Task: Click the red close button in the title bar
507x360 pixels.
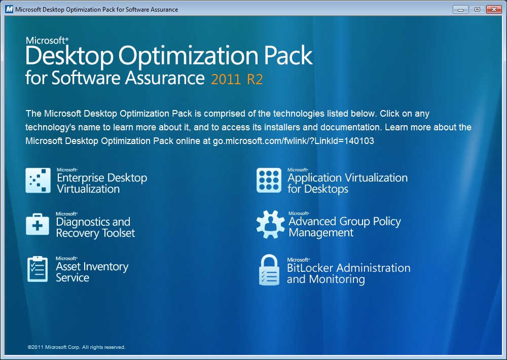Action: click(x=494, y=9)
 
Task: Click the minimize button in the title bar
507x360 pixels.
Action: click(x=460, y=9)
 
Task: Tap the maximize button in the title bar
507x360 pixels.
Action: click(x=477, y=9)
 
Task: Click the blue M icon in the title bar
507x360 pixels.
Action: click(x=9, y=9)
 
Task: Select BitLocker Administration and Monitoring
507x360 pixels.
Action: click(x=349, y=271)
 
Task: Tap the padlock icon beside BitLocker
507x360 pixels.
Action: click(x=269, y=270)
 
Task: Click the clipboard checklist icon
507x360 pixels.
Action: click(x=38, y=269)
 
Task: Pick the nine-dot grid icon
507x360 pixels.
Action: click(x=269, y=180)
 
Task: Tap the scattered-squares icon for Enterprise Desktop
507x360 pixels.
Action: click(x=38, y=180)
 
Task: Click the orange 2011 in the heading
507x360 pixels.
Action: click(x=226, y=79)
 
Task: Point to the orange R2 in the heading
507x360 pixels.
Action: click(x=255, y=79)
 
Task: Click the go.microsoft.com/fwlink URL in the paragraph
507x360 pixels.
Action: click(x=293, y=141)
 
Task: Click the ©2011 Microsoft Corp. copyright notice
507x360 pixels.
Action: click(x=77, y=347)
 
